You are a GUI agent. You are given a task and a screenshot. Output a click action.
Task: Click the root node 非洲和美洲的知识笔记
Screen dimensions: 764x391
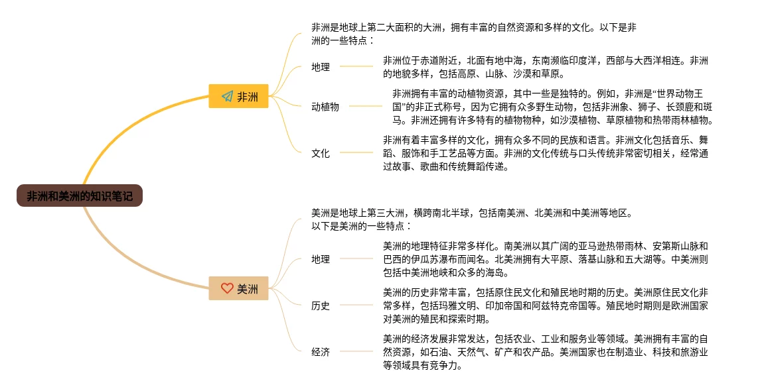point(80,195)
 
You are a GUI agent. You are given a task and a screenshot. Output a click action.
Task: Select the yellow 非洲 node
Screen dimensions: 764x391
point(238,97)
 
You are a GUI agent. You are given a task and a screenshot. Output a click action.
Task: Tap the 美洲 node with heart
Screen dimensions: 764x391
point(238,288)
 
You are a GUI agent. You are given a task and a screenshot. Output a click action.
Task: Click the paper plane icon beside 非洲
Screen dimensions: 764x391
point(227,97)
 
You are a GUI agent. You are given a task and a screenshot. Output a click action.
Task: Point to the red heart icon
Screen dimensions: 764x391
point(227,288)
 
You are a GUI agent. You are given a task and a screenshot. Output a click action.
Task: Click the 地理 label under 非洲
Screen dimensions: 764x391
point(321,67)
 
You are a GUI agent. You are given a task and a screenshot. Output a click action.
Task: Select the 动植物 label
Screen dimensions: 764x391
point(325,106)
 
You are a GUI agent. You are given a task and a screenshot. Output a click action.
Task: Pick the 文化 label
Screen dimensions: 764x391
point(321,153)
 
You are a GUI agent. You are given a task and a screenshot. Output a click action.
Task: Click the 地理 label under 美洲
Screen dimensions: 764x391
point(321,259)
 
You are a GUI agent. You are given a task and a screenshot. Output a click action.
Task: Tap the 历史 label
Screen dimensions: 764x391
point(321,306)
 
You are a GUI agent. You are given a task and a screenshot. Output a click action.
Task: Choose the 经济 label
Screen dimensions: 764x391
point(321,352)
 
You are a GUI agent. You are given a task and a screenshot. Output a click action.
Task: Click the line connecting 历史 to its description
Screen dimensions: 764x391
point(356,306)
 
